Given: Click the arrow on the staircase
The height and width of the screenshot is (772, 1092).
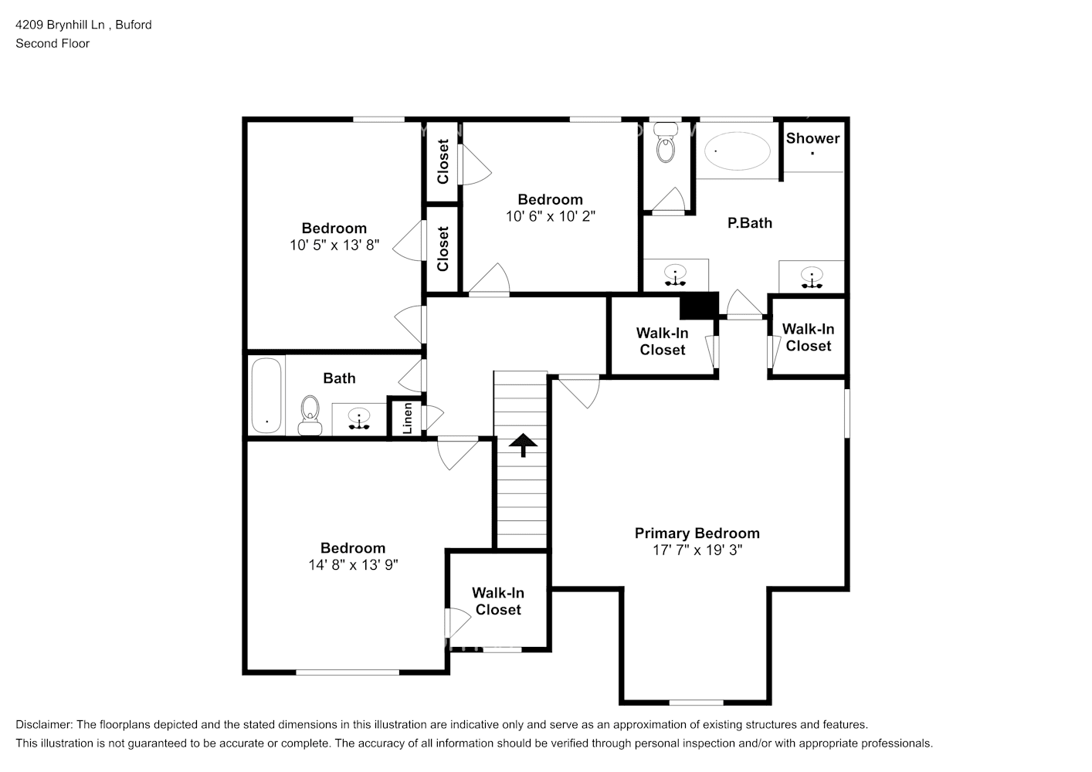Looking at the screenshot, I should (x=523, y=444).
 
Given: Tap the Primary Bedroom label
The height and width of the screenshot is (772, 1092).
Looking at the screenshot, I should (x=697, y=533).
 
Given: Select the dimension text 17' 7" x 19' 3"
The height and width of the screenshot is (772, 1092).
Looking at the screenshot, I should (x=697, y=550).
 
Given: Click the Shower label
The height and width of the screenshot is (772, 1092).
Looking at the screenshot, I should (x=812, y=138).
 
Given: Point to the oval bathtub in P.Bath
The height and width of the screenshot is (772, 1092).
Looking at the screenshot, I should (x=738, y=151).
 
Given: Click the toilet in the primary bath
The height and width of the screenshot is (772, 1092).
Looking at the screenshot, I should (x=665, y=146).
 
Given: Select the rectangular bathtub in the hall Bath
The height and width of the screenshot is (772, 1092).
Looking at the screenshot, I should (x=267, y=395).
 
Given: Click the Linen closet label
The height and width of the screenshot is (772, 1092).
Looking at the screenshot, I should (x=407, y=418).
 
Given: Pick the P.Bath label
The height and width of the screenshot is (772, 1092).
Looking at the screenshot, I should (x=750, y=223).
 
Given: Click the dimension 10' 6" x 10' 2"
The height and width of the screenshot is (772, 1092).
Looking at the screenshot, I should (x=551, y=217).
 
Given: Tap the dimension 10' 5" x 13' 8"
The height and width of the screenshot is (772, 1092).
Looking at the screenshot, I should (x=334, y=245).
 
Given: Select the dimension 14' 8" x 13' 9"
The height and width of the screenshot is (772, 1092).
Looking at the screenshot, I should (x=353, y=565).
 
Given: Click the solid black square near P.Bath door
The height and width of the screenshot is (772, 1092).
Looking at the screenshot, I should (x=699, y=305).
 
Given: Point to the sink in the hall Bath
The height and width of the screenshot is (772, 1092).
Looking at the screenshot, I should (x=358, y=419).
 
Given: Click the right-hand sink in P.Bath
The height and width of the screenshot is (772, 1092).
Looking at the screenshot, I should (x=812, y=276).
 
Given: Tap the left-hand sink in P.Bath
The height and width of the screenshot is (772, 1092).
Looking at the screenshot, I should (x=676, y=274).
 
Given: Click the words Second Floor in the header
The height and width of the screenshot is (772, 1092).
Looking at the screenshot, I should (x=53, y=43).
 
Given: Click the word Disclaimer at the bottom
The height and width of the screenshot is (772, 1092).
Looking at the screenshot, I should (x=43, y=725).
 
